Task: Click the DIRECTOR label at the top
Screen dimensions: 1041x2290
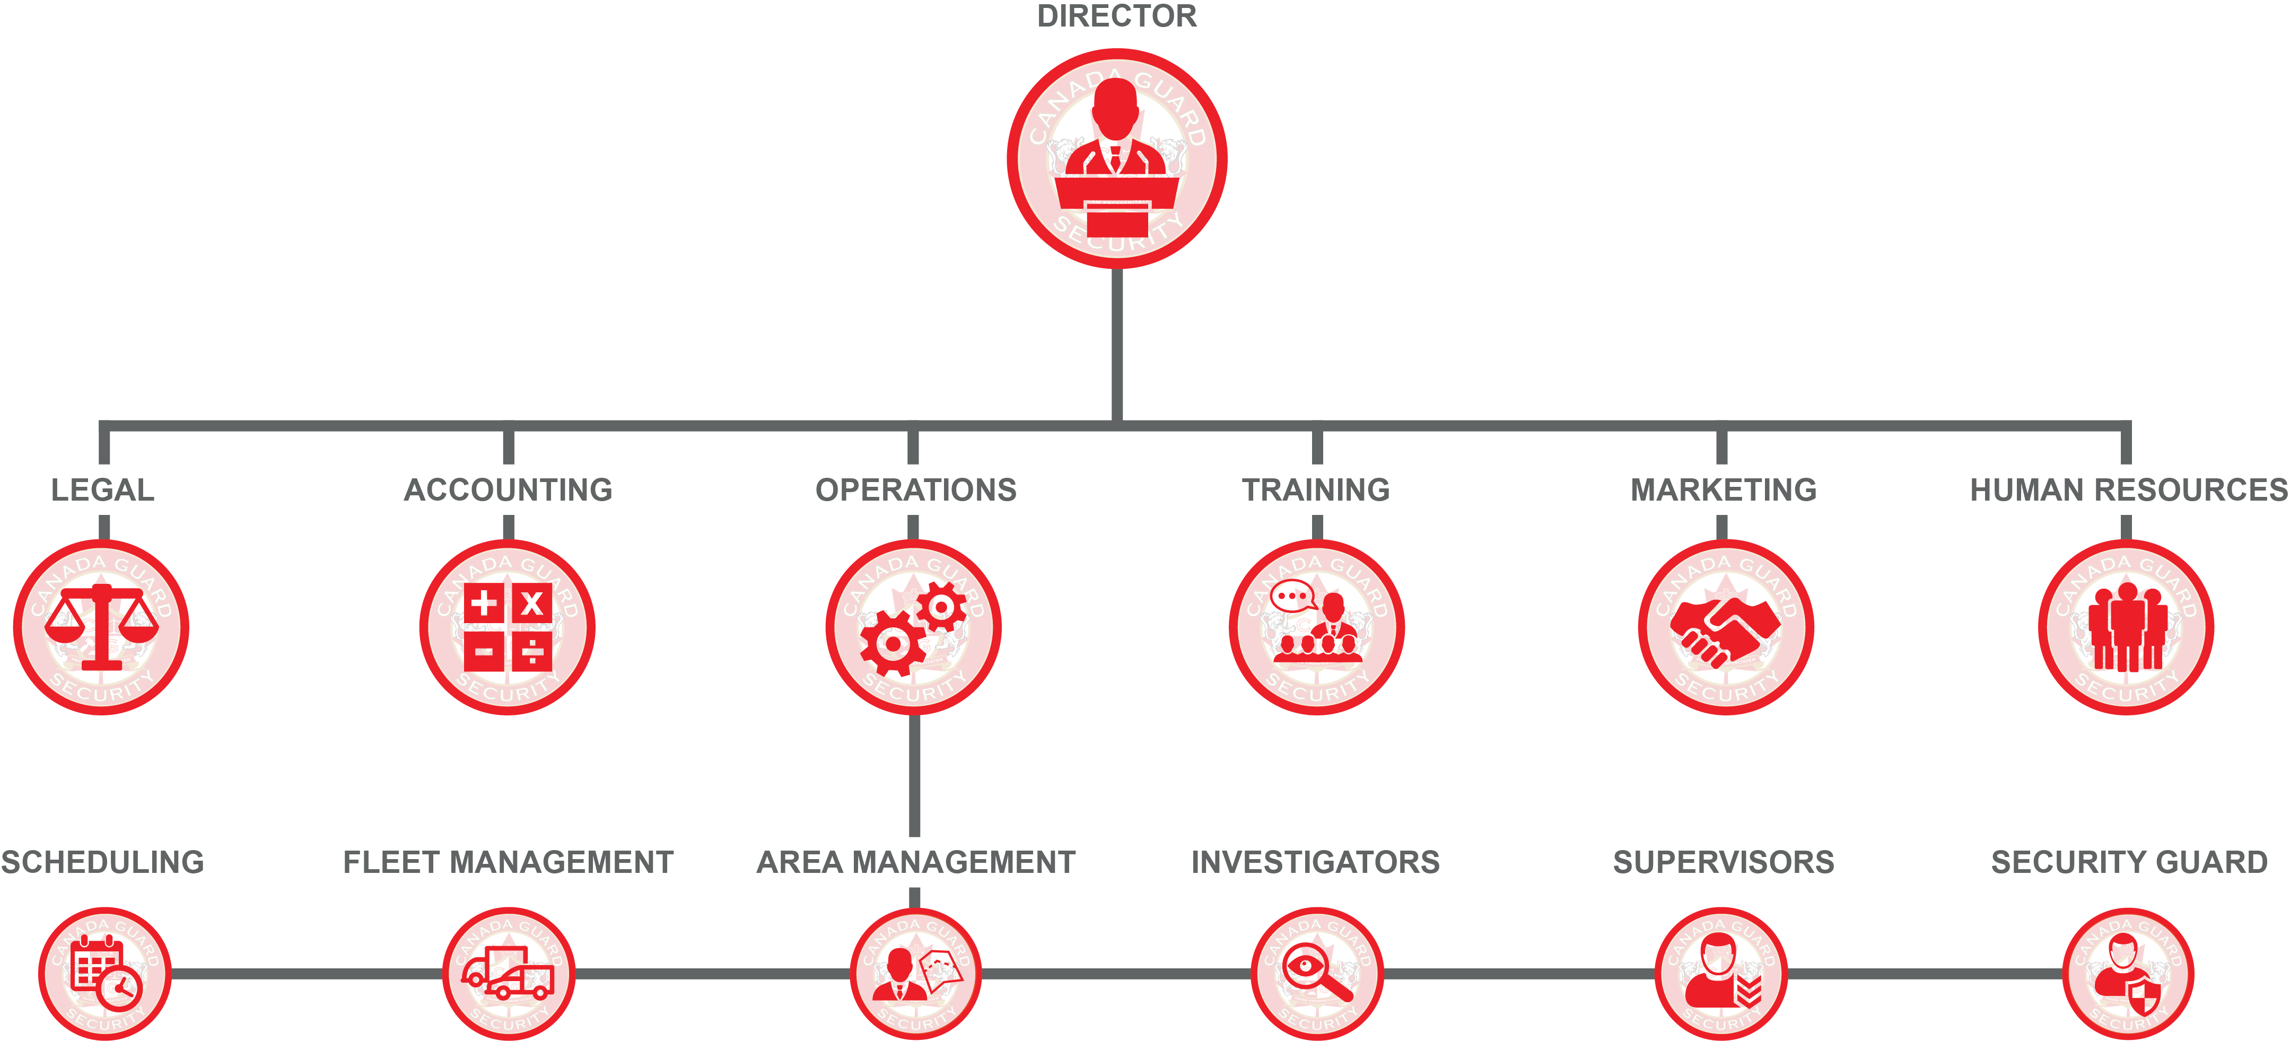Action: [x=1116, y=16]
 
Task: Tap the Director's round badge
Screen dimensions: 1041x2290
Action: [x=1116, y=158]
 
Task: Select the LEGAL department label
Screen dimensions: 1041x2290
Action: [x=102, y=490]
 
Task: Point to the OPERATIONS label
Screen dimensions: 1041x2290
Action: [x=916, y=490]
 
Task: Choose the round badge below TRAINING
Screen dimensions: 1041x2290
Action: [x=1317, y=627]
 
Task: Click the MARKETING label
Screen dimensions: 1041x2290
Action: [x=1723, y=490]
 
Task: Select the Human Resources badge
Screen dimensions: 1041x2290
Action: [x=2126, y=627]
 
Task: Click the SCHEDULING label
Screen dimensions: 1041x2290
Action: [x=102, y=862]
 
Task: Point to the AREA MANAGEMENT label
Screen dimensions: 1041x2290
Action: [x=916, y=862]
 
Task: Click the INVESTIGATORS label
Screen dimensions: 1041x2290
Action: [x=1316, y=862]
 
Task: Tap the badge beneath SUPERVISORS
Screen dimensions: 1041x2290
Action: [x=1721, y=974]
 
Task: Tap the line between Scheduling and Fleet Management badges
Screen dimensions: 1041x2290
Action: [x=307, y=974]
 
